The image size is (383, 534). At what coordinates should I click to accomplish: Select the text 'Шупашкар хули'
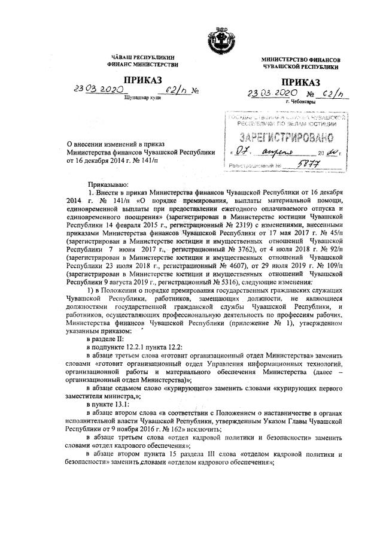pos(141,97)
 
